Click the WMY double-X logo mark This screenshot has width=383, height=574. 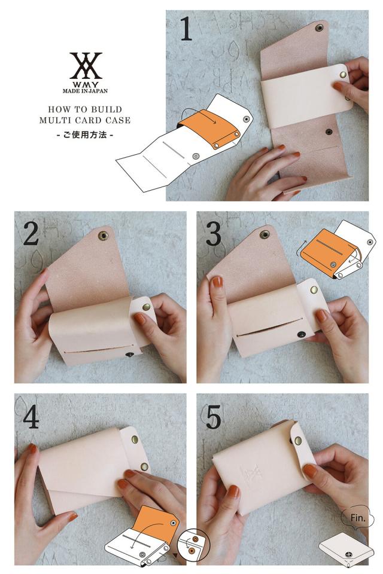point(86,65)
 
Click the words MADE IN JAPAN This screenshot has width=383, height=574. point(85,91)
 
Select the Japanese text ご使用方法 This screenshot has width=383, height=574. point(84,135)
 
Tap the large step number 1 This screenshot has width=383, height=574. point(186,29)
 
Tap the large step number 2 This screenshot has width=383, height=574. point(31,234)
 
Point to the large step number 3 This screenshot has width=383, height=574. point(213,234)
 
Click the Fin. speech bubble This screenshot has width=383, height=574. point(358,518)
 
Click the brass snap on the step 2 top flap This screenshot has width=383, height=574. point(103,236)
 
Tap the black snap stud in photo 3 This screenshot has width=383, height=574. point(301,334)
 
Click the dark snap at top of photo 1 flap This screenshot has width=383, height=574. point(319,28)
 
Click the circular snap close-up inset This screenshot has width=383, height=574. point(193,545)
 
